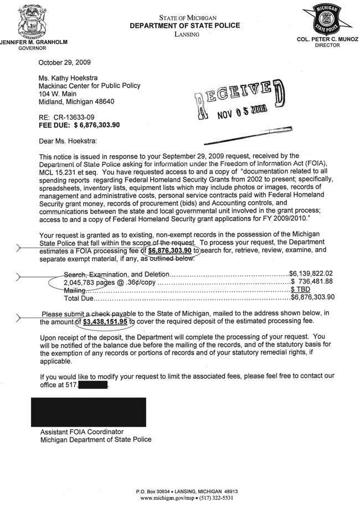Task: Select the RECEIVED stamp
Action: click(233, 101)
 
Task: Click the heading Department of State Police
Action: click(185, 26)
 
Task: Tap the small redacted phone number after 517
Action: click(94, 385)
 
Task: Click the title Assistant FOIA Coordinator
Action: click(82, 432)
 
